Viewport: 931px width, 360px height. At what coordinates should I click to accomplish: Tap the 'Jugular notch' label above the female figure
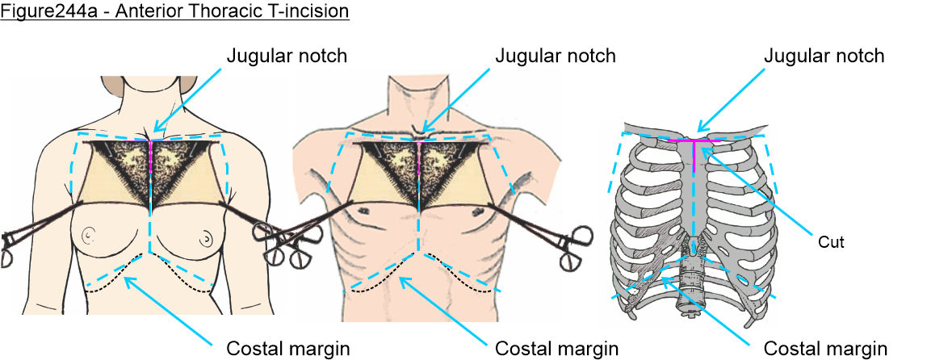pos(287,56)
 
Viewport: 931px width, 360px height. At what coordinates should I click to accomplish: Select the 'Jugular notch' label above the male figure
pos(555,56)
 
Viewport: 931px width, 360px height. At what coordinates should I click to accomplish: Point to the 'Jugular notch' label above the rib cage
pos(824,56)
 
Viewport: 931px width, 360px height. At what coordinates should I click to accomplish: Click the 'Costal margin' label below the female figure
pos(287,349)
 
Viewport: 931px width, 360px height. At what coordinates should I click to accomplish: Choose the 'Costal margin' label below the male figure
pos(556,349)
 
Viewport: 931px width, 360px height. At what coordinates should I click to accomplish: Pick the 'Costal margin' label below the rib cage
pos(825,349)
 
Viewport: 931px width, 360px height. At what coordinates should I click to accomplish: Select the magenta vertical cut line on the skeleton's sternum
pos(694,157)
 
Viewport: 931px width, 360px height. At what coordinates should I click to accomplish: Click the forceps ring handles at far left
pos(8,250)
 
